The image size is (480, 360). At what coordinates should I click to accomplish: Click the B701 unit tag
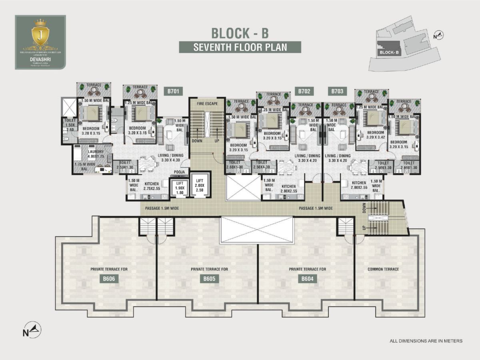tap(173, 92)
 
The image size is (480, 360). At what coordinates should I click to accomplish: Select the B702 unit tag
tap(304, 92)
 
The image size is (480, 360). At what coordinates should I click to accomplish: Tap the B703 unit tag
tap(337, 92)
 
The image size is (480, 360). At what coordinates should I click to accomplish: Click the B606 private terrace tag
tap(109, 279)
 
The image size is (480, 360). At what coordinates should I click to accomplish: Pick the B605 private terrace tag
tap(209, 279)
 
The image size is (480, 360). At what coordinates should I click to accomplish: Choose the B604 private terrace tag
tap(307, 279)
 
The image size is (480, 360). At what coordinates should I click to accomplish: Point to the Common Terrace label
tap(383, 269)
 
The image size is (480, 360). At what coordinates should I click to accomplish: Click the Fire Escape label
tap(207, 104)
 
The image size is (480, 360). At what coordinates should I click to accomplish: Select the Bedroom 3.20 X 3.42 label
tap(376, 135)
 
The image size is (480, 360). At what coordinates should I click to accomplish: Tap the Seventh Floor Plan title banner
tap(240, 47)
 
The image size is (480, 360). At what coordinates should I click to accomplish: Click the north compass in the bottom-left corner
tap(32, 329)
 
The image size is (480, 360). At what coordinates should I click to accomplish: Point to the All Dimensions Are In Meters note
tap(426, 341)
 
